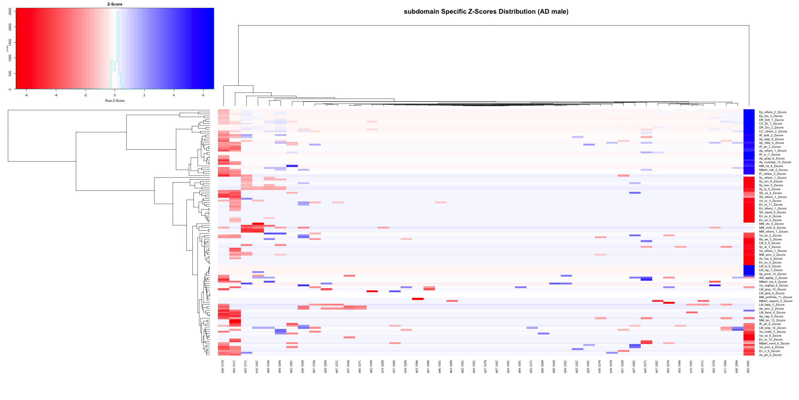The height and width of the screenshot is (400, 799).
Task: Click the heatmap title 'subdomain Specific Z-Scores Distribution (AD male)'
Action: [x=486, y=11]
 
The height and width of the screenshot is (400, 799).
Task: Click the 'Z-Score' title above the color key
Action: [x=115, y=4]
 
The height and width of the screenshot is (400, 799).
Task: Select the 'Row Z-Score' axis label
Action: [x=115, y=101]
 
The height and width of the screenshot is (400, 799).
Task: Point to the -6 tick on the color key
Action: [x=26, y=95]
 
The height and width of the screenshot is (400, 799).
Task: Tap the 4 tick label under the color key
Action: [x=174, y=95]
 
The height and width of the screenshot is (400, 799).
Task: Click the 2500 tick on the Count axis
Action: [x=10, y=11]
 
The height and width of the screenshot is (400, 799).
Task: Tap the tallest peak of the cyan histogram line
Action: [x=118, y=12]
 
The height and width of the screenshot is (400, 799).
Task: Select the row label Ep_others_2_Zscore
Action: [x=772, y=112]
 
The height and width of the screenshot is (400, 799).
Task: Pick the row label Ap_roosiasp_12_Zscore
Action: [x=775, y=162]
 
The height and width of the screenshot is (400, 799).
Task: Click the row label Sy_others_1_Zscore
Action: [x=772, y=178]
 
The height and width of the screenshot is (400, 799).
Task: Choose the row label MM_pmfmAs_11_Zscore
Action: [x=775, y=297]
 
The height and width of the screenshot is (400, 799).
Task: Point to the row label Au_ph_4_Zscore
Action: [x=770, y=355]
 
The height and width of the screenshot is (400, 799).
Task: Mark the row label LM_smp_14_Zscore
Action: [x=772, y=328]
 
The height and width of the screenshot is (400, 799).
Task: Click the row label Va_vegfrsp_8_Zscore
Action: [x=773, y=286]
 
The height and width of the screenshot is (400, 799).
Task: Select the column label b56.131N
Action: [x=223, y=366]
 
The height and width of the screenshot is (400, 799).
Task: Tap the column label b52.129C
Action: [x=748, y=366]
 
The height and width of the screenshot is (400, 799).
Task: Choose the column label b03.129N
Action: [x=417, y=366]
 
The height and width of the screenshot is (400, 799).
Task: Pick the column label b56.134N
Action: [x=554, y=366]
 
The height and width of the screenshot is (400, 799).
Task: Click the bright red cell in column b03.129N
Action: [x=418, y=299]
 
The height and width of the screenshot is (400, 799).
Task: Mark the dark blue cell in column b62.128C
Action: [x=292, y=166]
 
